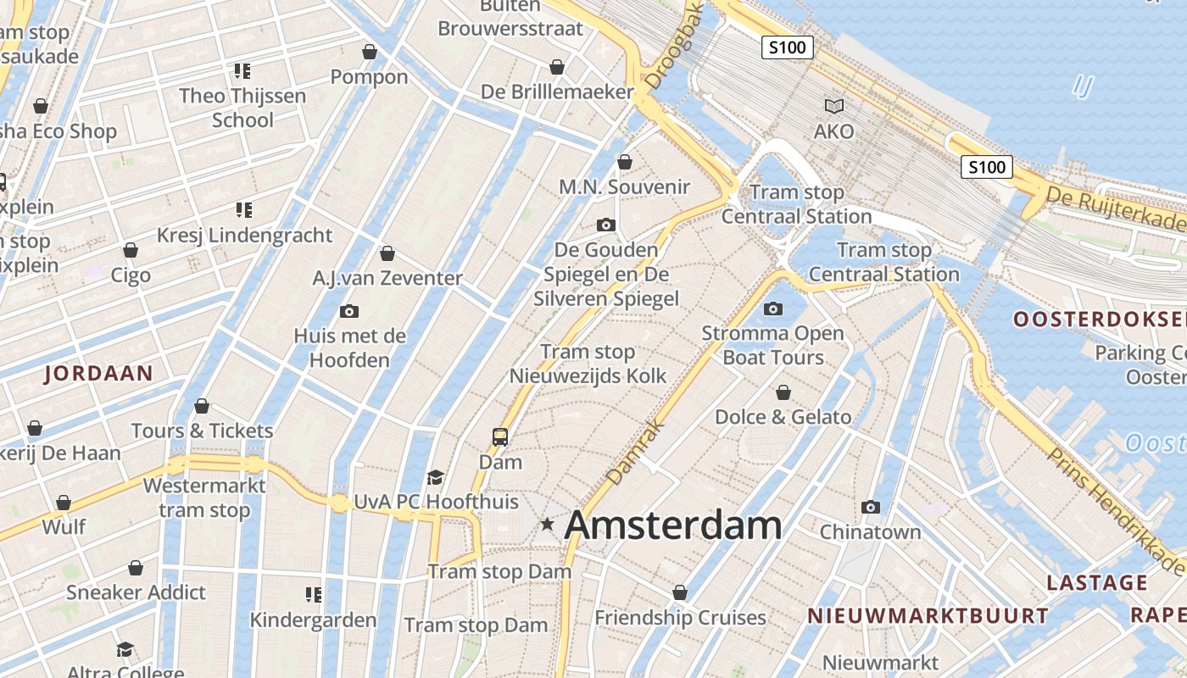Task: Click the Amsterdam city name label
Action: point(673,525)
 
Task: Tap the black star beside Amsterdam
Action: point(548,525)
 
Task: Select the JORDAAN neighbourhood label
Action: point(98,373)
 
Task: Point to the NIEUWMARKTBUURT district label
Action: point(928,616)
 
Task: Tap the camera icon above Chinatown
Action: point(870,507)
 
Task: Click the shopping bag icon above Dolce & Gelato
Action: point(783,392)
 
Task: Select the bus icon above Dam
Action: point(500,437)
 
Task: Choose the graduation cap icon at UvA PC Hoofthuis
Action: point(436,477)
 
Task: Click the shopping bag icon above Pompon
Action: point(370,52)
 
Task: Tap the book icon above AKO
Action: point(834,106)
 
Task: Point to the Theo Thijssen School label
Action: point(242,108)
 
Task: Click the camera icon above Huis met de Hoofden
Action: point(349,311)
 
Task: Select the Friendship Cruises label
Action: point(680,618)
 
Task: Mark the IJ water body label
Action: point(1083,86)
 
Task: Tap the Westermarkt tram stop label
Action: point(204,497)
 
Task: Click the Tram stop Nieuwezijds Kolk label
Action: point(588,364)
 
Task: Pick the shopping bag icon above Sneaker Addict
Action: point(136,567)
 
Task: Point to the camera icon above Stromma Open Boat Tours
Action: point(773,308)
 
